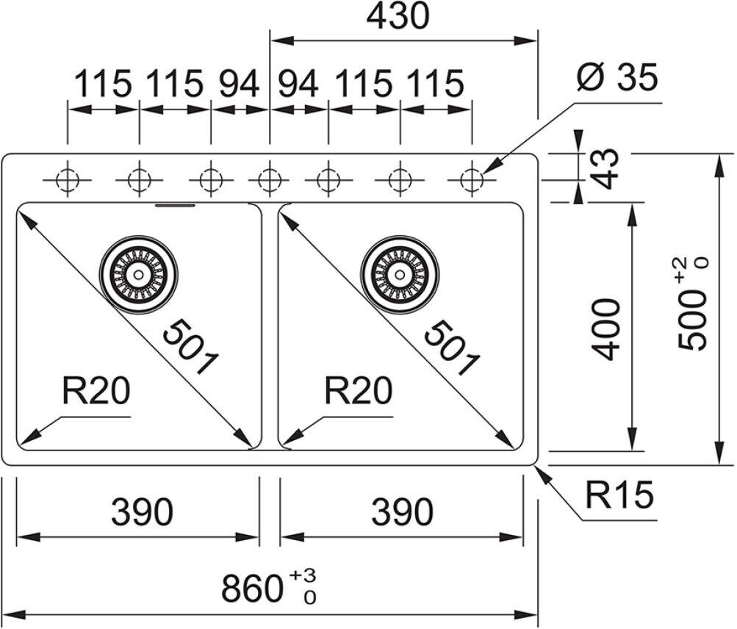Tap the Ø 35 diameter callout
coord(616,78)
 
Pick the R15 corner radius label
coord(619,497)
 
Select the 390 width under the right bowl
coord(402,511)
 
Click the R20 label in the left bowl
coord(96,392)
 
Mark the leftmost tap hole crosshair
coord(68,179)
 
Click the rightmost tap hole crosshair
coord(471,179)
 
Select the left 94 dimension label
coord(240,85)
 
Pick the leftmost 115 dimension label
coord(103,85)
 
